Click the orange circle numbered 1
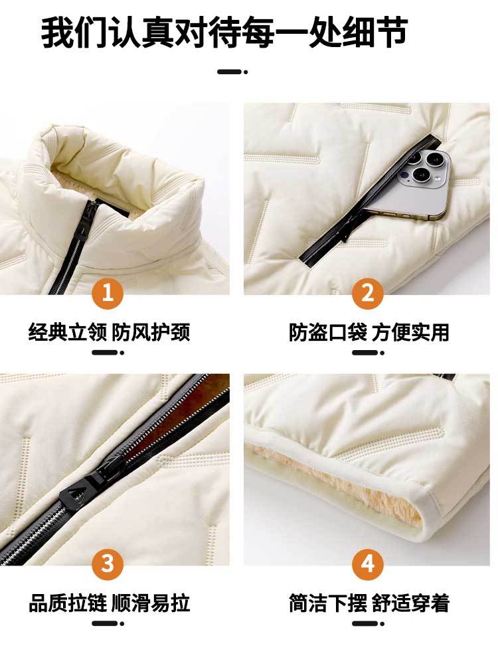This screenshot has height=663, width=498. [108, 292]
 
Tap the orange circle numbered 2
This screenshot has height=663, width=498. [368, 292]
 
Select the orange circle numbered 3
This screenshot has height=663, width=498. [108, 564]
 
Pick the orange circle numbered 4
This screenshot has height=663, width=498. [368, 564]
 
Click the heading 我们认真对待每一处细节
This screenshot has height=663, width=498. [224, 32]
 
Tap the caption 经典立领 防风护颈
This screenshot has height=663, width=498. [110, 332]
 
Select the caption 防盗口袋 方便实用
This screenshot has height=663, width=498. [369, 332]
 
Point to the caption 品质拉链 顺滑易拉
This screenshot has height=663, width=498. [110, 603]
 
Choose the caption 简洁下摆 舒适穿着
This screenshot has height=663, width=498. [369, 603]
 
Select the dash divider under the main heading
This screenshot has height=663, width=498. [232, 72]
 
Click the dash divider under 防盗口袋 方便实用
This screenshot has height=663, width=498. [368, 353]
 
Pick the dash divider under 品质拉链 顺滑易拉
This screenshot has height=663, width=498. [108, 623]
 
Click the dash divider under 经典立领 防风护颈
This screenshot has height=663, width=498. [108, 353]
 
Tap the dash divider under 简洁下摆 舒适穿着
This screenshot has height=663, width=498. [368, 623]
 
